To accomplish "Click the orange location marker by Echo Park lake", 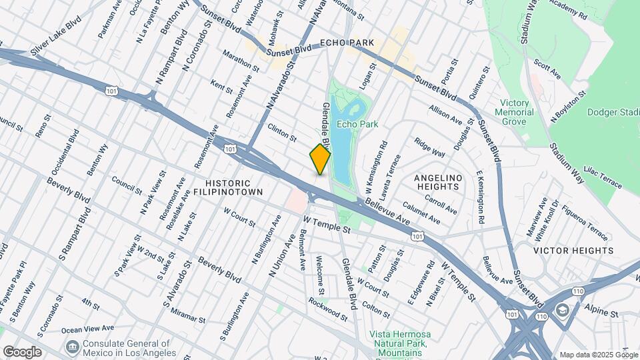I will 320,159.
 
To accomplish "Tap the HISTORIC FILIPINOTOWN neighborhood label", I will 228,187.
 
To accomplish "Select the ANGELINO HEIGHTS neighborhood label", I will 437,182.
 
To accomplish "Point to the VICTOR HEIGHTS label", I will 573,251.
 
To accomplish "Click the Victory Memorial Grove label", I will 514,113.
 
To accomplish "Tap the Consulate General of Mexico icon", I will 72,347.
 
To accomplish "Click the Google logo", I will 22,352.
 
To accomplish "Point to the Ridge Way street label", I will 429,147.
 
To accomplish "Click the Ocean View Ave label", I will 87,329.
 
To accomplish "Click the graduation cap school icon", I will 563,311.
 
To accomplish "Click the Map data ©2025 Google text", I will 598,355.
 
